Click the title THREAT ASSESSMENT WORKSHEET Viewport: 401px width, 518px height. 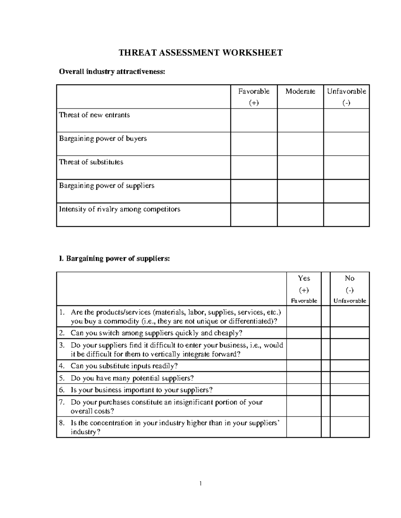click(x=201, y=53)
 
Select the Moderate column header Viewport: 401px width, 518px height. click(x=300, y=91)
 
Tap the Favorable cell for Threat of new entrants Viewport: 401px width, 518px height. click(x=254, y=120)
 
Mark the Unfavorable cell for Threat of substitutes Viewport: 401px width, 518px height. click(x=346, y=167)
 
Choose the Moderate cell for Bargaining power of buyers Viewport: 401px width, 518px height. click(x=300, y=144)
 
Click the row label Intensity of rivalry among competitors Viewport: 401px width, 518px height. click(x=120, y=209)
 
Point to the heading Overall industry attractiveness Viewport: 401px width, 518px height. click(x=112, y=72)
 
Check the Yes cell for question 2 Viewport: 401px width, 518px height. click(x=304, y=333)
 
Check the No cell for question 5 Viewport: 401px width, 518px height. click(x=350, y=378)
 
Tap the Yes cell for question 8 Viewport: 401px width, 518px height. click(x=304, y=428)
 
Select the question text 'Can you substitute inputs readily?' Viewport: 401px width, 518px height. click(x=124, y=366)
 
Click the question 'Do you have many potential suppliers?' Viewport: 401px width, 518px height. click(x=132, y=378)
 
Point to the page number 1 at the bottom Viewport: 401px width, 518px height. click(x=201, y=483)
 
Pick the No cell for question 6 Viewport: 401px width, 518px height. click(x=350, y=390)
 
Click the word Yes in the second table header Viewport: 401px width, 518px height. click(x=304, y=278)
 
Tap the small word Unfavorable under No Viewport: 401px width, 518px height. click(x=350, y=301)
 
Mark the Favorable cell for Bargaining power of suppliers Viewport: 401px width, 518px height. click(x=254, y=191)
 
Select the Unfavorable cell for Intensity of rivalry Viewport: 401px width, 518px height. click(x=346, y=215)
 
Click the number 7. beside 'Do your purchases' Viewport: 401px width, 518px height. click(x=61, y=402)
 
